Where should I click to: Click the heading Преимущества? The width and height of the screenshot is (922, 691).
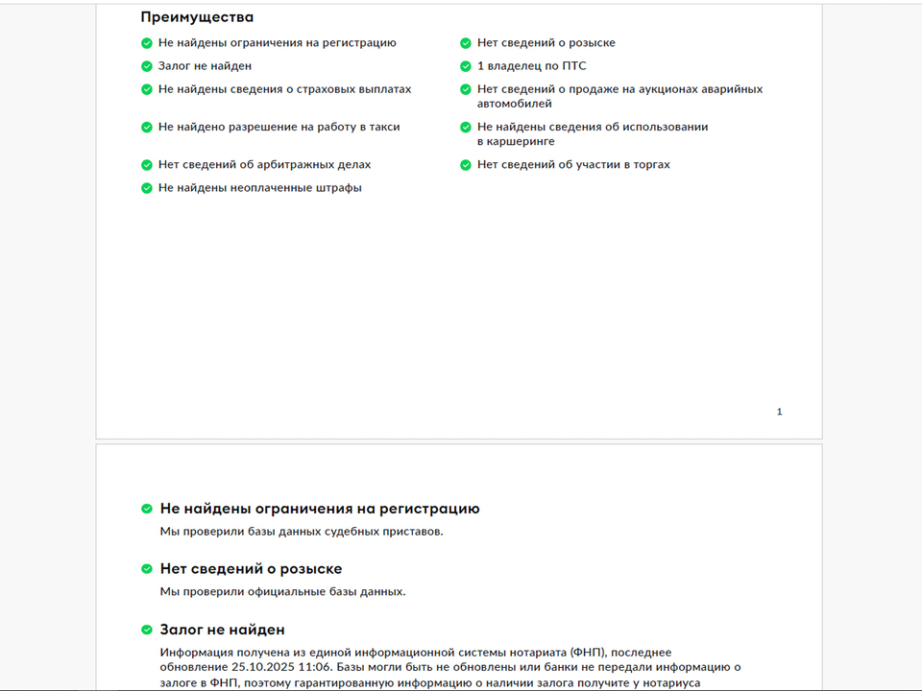pos(197,17)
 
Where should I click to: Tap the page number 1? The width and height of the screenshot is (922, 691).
pos(779,412)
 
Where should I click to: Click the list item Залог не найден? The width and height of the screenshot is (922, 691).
pos(205,66)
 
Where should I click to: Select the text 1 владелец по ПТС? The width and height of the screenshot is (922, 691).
pos(531,66)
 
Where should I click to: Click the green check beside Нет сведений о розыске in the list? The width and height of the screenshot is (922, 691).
pos(466,43)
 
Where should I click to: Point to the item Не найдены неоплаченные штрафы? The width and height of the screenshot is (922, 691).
pos(259,188)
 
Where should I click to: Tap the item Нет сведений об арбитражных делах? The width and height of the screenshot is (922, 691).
pos(264,165)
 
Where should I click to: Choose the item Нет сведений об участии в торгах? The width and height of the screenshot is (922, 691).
pos(573,165)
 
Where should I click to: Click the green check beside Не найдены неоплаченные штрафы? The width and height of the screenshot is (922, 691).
pos(147,188)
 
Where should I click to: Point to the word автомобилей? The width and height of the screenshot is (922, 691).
pos(515,103)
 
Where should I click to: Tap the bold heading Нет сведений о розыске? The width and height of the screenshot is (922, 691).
pos(251,569)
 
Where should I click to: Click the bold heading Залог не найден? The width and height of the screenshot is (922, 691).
pos(222,631)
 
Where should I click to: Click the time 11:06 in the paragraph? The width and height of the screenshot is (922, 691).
pos(316,667)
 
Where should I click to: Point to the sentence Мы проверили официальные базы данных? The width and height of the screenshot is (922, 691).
pos(282,591)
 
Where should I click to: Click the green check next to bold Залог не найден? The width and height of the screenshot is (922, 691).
pos(147,631)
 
